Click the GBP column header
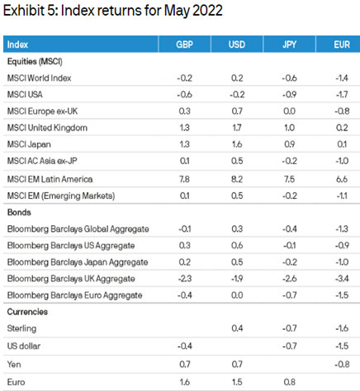[184, 45]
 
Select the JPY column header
[289, 45]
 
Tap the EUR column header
[342, 45]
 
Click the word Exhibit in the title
[24, 11]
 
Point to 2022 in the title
[207, 11]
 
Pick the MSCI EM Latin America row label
[50, 179]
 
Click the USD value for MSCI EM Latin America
[237, 179]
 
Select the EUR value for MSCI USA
[342, 95]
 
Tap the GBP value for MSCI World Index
[184, 78]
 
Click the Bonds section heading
[19, 212]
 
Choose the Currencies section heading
[27, 312]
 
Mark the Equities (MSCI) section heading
[35, 61]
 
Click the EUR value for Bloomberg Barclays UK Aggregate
[342, 279]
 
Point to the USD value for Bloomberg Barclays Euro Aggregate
[237, 295]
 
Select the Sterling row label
[21, 328]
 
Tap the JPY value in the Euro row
[289, 382]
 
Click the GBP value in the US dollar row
[184, 346]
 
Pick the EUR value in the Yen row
[342, 365]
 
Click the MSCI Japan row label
[29, 144]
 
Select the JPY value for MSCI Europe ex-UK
[289, 111]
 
